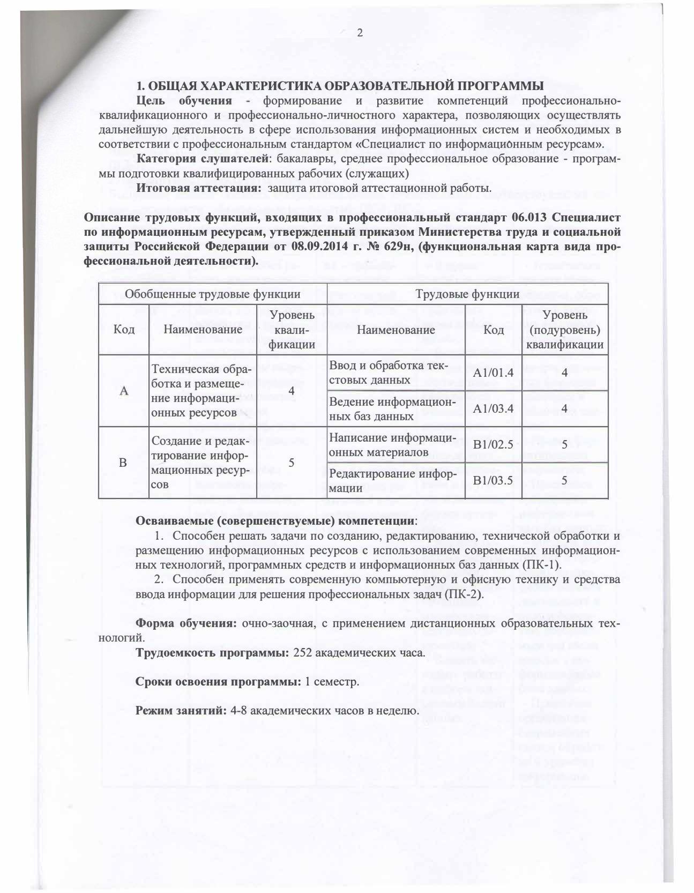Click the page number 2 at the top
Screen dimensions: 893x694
(x=360, y=33)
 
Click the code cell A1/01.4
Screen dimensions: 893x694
(x=493, y=373)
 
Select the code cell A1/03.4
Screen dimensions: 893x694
(x=493, y=409)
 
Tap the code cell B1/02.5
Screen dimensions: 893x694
(x=493, y=445)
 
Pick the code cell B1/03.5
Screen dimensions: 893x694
(x=493, y=480)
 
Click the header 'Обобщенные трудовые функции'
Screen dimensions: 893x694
(x=212, y=294)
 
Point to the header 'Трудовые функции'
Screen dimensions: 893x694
(x=467, y=294)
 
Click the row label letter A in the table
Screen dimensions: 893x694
(x=124, y=391)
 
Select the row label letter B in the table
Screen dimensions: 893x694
(x=123, y=463)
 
